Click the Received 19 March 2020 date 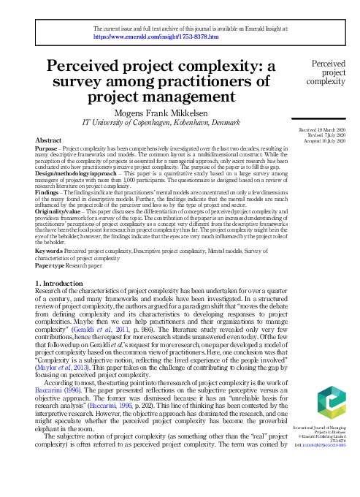coord(323,129)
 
